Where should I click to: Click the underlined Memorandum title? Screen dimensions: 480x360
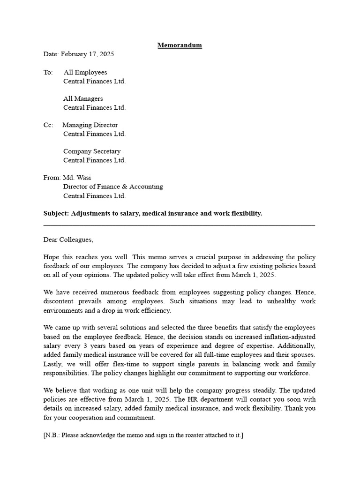pyautogui.click(x=180, y=45)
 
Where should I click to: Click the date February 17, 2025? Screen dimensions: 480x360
pyautogui.click(x=87, y=54)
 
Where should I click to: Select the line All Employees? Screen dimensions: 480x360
pyautogui.click(x=85, y=72)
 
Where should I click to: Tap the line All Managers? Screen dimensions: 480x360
pyautogui.click(x=83, y=99)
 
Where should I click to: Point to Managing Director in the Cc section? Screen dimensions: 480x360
pyautogui.click(x=90, y=125)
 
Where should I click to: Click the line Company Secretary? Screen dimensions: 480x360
pyautogui.click(x=92, y=151)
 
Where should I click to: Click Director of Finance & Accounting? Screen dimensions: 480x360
pyautogui.click(x=113, y=187)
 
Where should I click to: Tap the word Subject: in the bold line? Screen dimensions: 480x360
pyautogui.click(x=56, y=213)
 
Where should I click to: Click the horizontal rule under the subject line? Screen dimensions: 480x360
pyautogui.click(x=179, y=226)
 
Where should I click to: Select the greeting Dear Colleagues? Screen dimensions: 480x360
pyautogui.click(x=68, y=240)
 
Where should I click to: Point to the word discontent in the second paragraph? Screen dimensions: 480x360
pyautogui.click(x=60, y=301)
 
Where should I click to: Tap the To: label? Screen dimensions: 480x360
pyautogui.click(x=48, y=72)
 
